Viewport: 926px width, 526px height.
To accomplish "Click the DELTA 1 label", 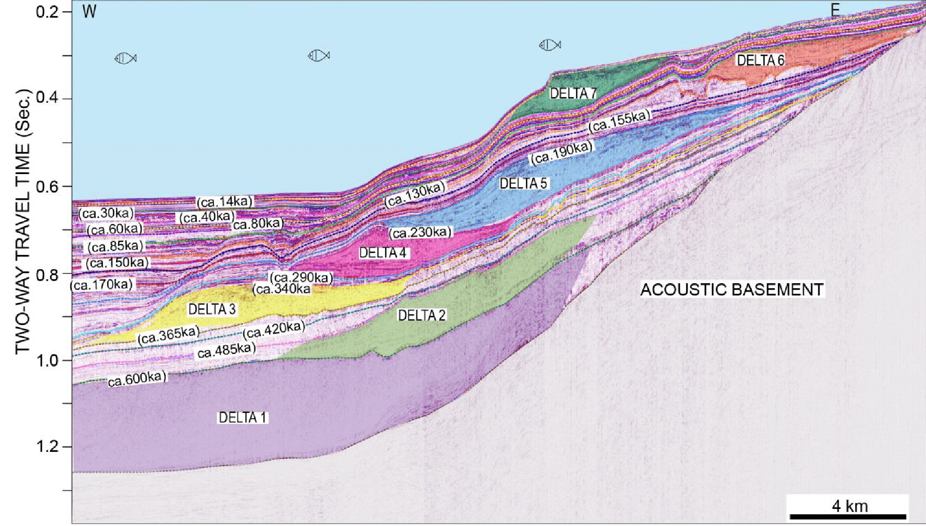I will pyautogui.click(x=242, y=418).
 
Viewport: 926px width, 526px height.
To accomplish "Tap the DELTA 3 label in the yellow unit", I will pyautogui.click(x=212, y=310).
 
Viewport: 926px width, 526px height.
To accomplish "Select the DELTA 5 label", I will pyautogui.click(x=523, y=184).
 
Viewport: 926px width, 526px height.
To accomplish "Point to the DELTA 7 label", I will pyautogui.click(x=573, y=93).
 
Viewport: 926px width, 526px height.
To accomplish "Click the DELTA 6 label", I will pyautogui.click(x=760, y=60).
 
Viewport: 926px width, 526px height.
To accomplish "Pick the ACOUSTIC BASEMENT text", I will pyautogui.click(x=732, y=290).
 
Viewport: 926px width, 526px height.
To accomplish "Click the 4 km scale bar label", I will pyautogui.click(x=849, y=506).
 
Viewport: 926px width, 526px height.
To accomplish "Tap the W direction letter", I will pyautogui.click(x=89, y=11).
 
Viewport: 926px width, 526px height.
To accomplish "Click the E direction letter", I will pyautogui.click(x=835, y=10).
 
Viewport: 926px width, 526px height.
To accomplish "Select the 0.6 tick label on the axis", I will pyautogui.click(x=48, y=187).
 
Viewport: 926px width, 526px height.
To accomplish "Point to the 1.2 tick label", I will pyautogui.click(x=48, y=447).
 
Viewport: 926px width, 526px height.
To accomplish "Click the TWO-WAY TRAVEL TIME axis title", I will pyautogui.click(x=23, y=222).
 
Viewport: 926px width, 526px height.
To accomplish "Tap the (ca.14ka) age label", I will pyautogui.click(x=225, y=202).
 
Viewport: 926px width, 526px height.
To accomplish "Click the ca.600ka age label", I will pyautogui.click(x=137, y=379).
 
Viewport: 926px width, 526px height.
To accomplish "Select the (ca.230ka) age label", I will pyautogui.click(x=420, y=233).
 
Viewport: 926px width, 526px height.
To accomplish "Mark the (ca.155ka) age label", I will pyautogui.click(x=619, y=121).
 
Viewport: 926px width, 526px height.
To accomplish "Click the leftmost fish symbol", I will pyautogui.click(x=125, y=58).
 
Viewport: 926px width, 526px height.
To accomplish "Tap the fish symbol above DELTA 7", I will pyautogui.click(x=550, y=45).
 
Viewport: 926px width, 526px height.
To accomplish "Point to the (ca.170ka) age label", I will pyautogui.click(x=102, y=285).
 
